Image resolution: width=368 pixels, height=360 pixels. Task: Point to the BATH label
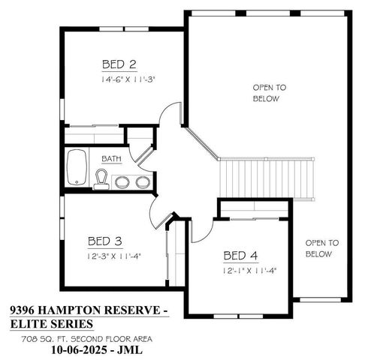tap(112, 159)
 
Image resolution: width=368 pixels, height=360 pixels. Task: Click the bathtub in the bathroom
tap(77, 169)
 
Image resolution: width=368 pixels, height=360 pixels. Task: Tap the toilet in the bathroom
tap(101, 178)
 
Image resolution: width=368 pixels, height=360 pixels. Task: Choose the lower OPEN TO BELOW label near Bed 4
tap(322, 248)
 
